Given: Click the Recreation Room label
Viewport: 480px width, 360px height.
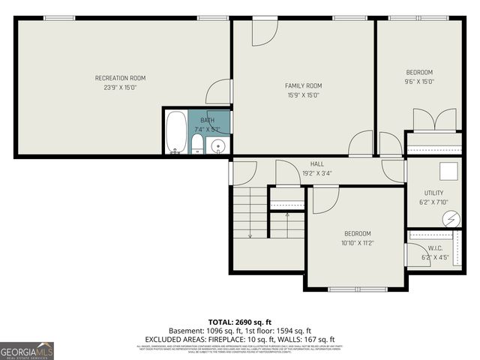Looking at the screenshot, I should (x=120, y=78).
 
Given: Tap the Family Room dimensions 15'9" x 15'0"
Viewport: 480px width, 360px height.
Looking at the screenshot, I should (x=303, y=95).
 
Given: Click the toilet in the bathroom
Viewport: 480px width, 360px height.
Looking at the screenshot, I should (x=196, y=144).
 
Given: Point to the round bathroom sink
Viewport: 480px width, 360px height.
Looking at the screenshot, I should (x=217, y=145).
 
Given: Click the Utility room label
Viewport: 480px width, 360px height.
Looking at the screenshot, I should (x=433, y=193).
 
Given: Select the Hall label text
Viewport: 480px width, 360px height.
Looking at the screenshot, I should (x=316, y=164).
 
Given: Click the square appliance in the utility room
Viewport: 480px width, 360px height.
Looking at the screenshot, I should (x=448, y=172).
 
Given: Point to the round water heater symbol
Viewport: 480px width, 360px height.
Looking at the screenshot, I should (x=451, y=218).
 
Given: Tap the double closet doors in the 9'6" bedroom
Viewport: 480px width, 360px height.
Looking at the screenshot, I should (x=434, y=120).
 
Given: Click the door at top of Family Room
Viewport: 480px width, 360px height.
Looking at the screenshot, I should (x=263, y=31).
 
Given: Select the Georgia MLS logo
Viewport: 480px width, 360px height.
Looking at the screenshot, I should (x=27, y=350).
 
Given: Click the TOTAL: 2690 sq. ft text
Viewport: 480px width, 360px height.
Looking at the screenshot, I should (x=239, y=321).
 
